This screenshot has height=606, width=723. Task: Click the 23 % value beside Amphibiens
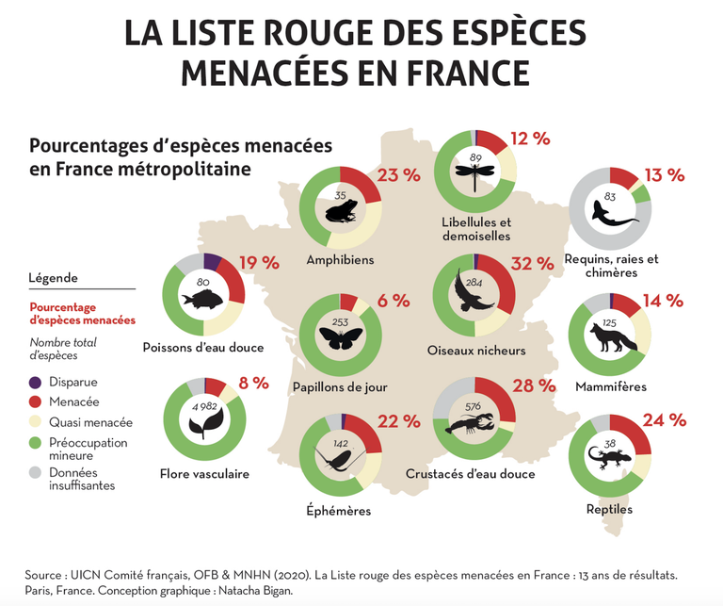(397, 175)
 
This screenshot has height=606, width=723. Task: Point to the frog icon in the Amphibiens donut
(340, 212)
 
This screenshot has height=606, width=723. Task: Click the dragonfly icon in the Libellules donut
(474, 173)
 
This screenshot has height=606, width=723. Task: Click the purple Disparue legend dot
(36, 383)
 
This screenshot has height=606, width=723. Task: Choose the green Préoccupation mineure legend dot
(36, 443)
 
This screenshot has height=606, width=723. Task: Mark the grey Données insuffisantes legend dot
(36, 473)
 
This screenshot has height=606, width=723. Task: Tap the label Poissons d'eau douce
(203, 347)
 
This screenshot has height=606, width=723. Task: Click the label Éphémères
(339, 511)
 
